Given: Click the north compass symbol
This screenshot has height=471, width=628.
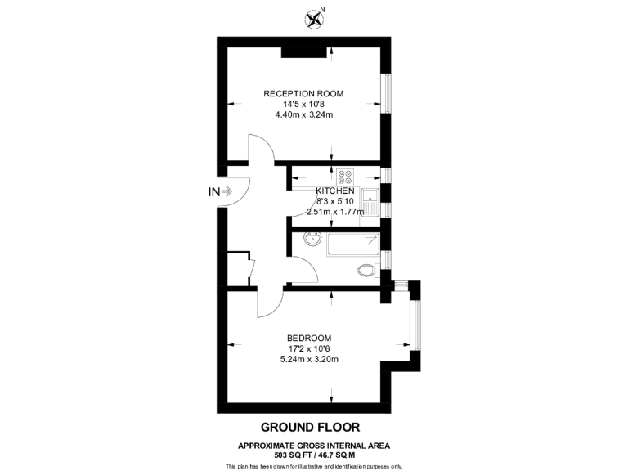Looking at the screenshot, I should (x=312, y=17).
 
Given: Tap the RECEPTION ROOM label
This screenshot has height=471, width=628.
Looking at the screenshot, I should (x=303, y=93).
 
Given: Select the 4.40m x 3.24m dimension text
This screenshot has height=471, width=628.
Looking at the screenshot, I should (x=303, y=114).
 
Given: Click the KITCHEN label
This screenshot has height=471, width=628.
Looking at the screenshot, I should (x=335, y=191).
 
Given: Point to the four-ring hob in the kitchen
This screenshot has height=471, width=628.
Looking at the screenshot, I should (x=344, y=177).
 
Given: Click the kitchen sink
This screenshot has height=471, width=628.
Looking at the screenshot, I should (x=370, y=200).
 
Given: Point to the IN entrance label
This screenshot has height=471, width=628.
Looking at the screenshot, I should (x=214, y=192).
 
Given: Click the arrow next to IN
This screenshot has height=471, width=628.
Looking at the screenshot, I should (x=229, y=192).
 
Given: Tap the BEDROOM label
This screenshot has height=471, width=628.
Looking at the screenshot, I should (x=308, y=338).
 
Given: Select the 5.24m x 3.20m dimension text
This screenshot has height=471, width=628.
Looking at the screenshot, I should (x=308, y=359).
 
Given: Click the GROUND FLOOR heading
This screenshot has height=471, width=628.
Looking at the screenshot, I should (x=310, y=427).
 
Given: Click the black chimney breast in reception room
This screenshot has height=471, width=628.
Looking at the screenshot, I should (x=304, y=53).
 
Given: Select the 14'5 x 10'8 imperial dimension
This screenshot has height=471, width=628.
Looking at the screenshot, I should (x=303, y=104).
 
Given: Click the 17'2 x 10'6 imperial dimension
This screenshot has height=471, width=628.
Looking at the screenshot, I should (x=308, y=348).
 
